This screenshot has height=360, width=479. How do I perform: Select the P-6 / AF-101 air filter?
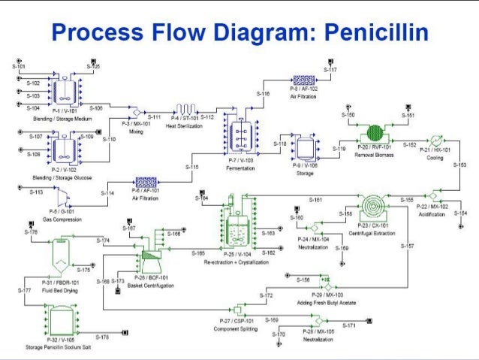[x=145, y=182]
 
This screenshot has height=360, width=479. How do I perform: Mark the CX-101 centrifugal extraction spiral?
[x=371, y=206]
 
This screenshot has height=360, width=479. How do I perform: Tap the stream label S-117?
[x=330, y=70]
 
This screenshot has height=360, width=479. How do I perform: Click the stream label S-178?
[x=102, y=337]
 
